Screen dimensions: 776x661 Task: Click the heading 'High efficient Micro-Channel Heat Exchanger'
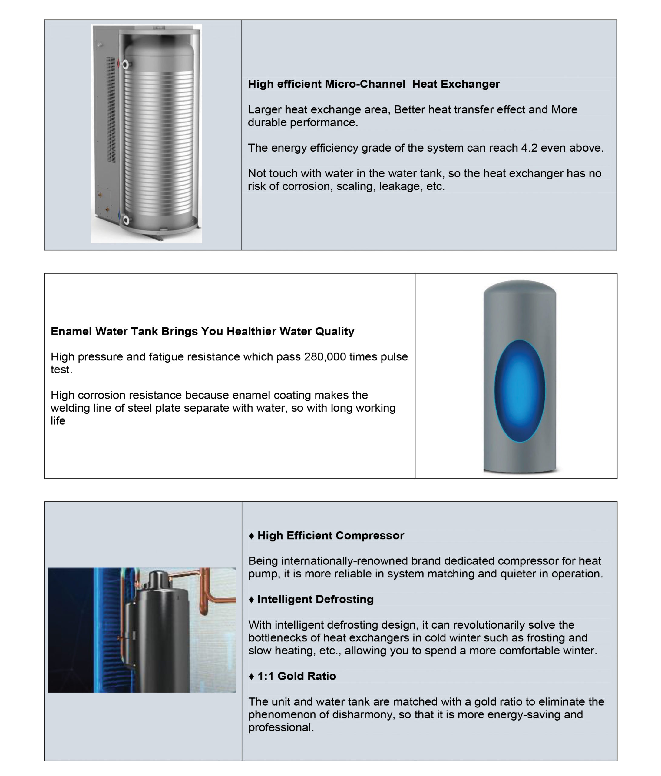click(373, 84)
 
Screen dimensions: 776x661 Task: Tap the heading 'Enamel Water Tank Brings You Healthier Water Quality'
click(202, 331)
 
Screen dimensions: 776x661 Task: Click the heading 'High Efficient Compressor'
click(330, 536)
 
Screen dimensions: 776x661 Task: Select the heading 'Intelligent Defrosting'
click(315, 599)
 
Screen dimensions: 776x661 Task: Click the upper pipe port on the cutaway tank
click(125, 65)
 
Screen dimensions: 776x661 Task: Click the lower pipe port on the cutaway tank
click(126, 220)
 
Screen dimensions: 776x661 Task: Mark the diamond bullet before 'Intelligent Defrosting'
click(251, 600)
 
